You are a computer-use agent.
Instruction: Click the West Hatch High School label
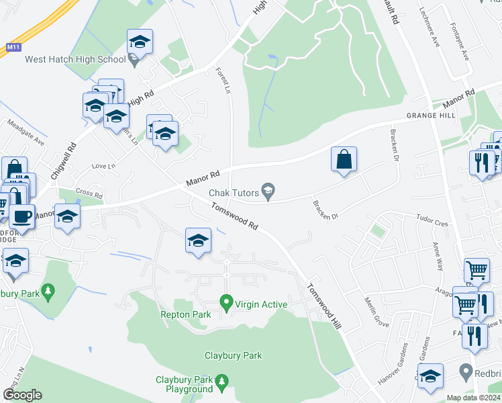pyautogui.click(x=75, y=59)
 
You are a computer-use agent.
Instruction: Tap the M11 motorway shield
pyautogui.click(x=13, y=48)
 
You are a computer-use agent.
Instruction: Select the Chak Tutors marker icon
pyautogui.click(x=268, y=193)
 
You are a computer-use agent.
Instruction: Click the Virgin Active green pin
pyautogui.click(x=227, y=304)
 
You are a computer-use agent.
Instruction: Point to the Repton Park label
pyautogui.click(x=181, y=314)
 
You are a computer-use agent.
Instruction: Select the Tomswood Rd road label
pyautogui.click(x=234, y=217)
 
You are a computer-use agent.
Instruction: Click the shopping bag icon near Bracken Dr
pyautogui.click(x=344, y=160)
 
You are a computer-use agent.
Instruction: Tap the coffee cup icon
pyautogui.click(x=21, y=216)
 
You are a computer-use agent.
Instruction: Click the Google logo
pyautogui.click(x=22, y=395)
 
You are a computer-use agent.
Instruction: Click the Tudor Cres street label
pyautogui.click(x=432, y=220)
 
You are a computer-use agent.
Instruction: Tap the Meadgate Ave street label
pyautogui.click(x=26, y=133)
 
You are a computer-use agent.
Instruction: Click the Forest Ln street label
pyautogui.click(x=222, y=80)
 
